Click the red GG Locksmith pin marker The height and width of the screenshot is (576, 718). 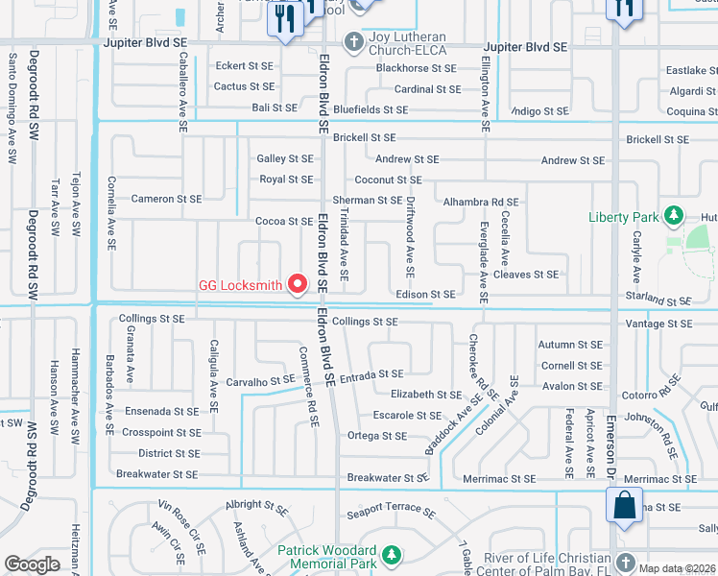(298, 283)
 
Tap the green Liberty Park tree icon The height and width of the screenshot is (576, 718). (674, 214)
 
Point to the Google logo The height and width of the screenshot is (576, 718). (32, 564)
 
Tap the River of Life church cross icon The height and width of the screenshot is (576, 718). (625, 561)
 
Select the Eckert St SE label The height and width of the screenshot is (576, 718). (244, 67)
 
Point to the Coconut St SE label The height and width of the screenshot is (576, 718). (388, 180)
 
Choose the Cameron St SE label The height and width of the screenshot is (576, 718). (166, 199)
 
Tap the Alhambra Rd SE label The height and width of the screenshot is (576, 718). (480, 203)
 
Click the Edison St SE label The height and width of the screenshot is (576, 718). (425, 295)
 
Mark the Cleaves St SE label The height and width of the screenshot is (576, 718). (525, 275)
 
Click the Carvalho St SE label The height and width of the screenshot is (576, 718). (260, 381)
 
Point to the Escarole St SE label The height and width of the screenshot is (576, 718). (408, 415)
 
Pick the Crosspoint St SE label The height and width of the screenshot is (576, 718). (161, 433)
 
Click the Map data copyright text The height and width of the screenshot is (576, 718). (677, 567)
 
